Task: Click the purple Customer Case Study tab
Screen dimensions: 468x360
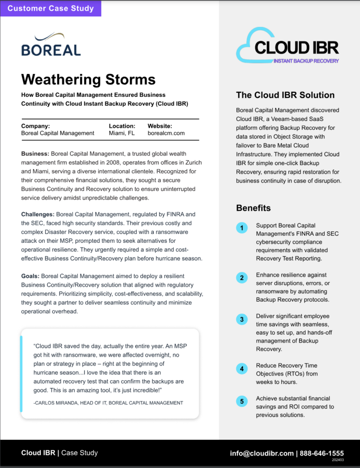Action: [50, 8]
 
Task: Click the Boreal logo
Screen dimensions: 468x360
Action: [51, 44]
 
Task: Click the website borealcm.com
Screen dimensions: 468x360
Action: [166, 133]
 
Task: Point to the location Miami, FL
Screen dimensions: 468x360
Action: [122, 133]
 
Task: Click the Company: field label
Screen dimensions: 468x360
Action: [35, 126]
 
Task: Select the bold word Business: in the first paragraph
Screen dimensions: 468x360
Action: [35, 154]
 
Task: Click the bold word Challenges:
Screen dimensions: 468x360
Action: [38, 214]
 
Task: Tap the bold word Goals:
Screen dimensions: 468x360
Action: [32, 276]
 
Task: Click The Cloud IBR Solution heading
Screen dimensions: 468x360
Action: [285, 95]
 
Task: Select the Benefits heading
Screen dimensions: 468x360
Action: [253, 208]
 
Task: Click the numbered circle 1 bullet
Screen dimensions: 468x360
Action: [242, 228]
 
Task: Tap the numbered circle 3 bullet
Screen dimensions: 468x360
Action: [242, 319]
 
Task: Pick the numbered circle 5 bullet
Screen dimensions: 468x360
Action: [242, 401]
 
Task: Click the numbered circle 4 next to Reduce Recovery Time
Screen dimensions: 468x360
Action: [242, 368]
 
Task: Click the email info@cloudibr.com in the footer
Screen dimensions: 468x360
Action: [262, 453]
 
